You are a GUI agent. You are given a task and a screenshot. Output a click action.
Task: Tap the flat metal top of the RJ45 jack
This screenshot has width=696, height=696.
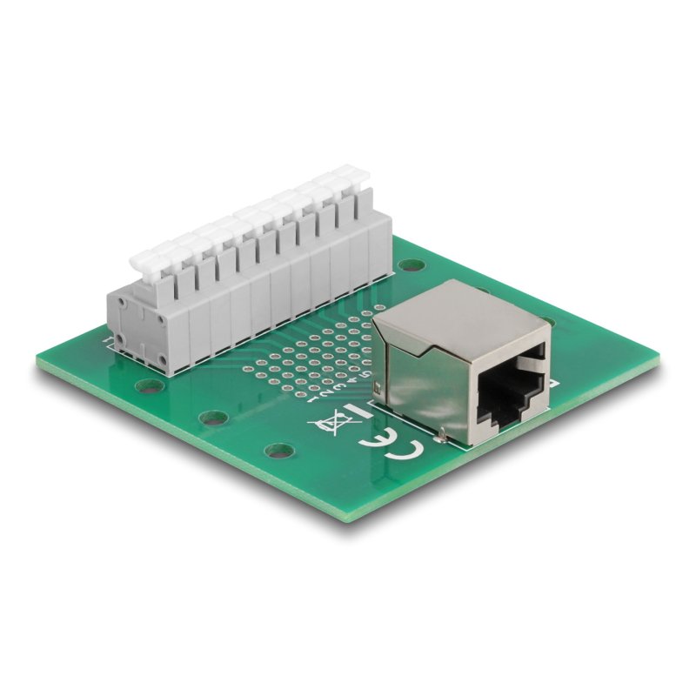[461, 313]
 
